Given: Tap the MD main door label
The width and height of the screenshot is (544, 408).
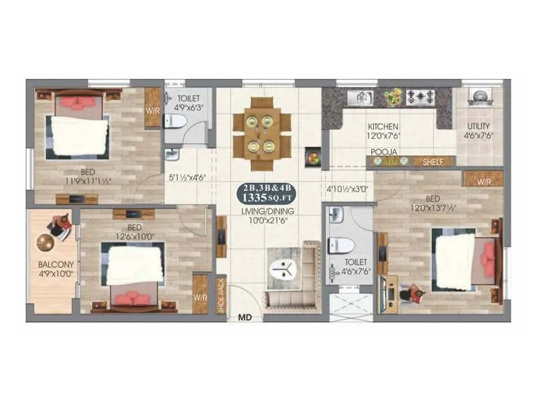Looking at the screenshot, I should [x=244, y=317].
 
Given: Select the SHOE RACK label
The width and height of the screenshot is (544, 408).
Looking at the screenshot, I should [x=221, y=295].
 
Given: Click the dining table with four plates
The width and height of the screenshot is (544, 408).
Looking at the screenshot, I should [x=262, y=133].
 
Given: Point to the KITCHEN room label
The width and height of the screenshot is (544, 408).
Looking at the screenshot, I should [x=383, y=127].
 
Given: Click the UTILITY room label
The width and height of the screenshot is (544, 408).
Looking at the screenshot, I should [x=479, y=127].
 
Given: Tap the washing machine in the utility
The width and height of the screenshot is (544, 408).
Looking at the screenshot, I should [x=479, y=97].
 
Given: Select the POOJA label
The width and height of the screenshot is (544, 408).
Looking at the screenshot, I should [x=384, y=152].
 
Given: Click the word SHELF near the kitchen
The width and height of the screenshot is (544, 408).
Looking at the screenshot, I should [x=433, y=162].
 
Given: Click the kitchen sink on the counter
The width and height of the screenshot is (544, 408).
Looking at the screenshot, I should [x=360, y=97].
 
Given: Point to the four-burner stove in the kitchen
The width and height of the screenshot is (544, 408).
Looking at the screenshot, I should [x=420, y=97].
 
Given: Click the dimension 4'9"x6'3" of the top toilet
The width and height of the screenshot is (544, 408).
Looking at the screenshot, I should [x=186, y=107].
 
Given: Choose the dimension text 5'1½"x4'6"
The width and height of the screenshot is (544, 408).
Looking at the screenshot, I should [x=187, y=177].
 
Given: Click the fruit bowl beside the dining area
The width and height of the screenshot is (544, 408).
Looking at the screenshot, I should [x=313, y=158].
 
